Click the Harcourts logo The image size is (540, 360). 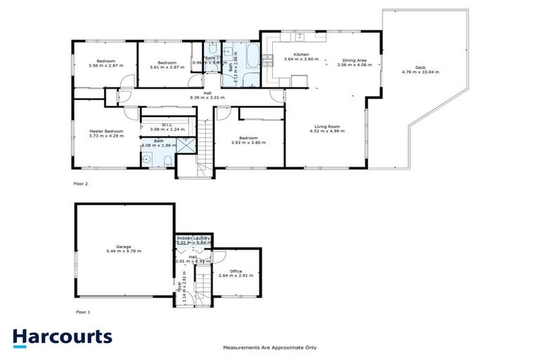pos(62,336)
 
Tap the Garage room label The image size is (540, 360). pos(124,247)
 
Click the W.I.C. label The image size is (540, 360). pos(167,125)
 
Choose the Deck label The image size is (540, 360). pos(420,67)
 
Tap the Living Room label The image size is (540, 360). pos(326,127)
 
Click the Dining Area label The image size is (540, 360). pos(354,60)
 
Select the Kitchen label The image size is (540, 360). pos(301,55)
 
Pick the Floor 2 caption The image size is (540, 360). pos(82,184)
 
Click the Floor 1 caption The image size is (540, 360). pos(83,311)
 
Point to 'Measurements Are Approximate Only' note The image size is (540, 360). pos(270,347)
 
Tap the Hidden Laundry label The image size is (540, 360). pos(193,238)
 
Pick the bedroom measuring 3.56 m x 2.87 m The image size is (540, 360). pos(106,63)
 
